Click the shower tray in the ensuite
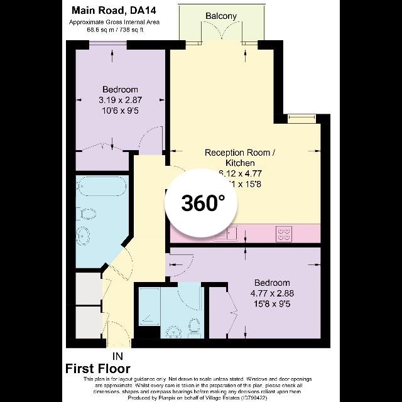(x=149, y=309)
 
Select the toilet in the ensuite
(x=194, y=325)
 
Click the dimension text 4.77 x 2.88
(x=272, y=293)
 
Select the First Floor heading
(x=98, y=369)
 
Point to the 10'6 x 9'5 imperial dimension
(x=119, y=110)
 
